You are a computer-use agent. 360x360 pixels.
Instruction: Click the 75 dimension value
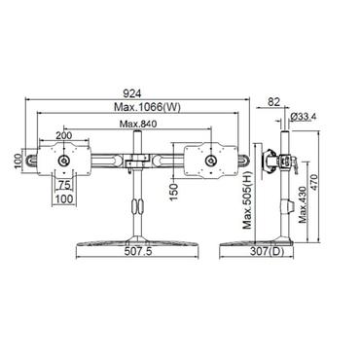[62, 183]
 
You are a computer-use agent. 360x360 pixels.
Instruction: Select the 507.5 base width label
[142, 260]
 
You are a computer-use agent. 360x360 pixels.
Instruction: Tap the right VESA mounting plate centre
[210, 158]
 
